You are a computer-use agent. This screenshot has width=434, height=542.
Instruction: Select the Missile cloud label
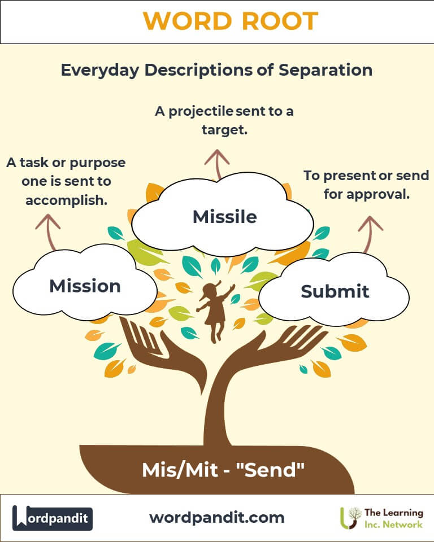tap(224, 216)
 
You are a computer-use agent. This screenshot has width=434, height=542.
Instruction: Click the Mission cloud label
tap(85, 286)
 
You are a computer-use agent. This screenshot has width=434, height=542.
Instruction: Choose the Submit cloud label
tap(335, 291)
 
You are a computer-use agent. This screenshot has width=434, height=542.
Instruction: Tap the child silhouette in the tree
tap(214, 310)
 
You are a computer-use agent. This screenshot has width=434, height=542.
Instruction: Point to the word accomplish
tap(66, 200)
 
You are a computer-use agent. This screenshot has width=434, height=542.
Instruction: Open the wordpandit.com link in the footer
tap(217, 517)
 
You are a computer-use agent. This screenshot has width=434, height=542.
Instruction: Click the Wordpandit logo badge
tap(53, 518)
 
